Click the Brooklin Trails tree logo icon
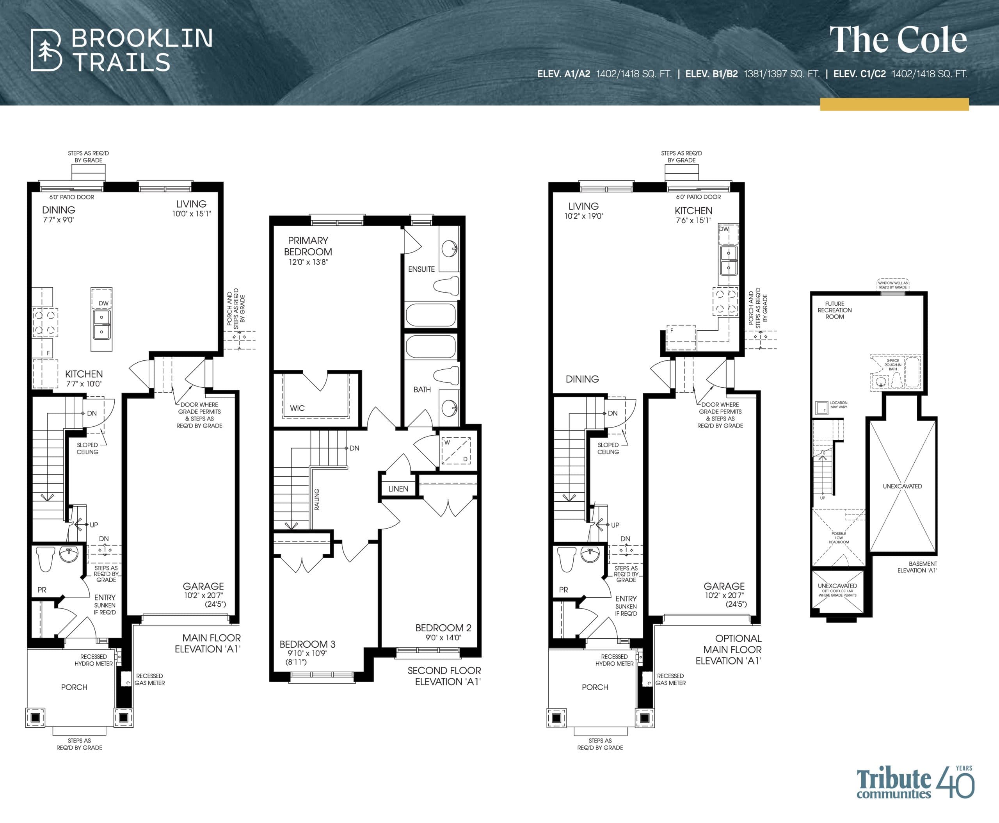[x=46, y=50]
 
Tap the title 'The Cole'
[x=898, y=40]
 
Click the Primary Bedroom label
[x=308, y=246]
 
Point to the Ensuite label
[x=421, y=269]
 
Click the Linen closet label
[x=398, y=489]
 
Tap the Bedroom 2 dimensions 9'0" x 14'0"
[x=443, y=638]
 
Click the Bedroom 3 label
[x=307, y=644]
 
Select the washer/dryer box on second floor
[x=456, y=451]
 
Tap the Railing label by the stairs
[x=316, y=499]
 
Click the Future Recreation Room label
[x=835, y=310]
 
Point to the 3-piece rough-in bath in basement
[x=895, y=372]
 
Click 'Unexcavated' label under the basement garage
[x=902, y=486]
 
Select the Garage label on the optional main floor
[x=723, y=586]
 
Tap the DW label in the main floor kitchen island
[x=103, y=303]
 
